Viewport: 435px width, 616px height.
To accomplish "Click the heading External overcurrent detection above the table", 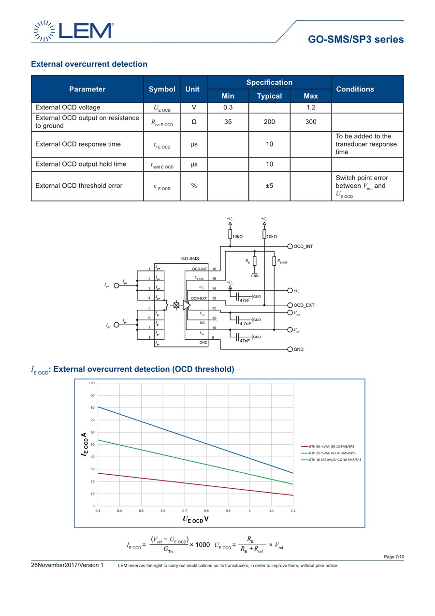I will click(x=89, y=64).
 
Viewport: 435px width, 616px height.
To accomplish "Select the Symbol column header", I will click(x=162, y=89).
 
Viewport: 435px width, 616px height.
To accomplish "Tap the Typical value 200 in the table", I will click(x=269, y=122).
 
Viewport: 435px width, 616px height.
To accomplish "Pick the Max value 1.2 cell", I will click(x=311, y=107).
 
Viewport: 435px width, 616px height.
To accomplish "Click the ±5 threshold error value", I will click(x=269, y=186).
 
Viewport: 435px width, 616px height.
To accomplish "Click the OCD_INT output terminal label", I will click(x=303, y=246).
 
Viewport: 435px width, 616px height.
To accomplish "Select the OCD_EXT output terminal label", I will click(x=304, y=305).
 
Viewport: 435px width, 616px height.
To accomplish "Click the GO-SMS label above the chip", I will click(x=190, y=259).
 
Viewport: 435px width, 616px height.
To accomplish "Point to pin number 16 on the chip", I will click(x=214, y=269).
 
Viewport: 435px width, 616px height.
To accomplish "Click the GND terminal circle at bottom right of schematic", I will click(x=290, y=349).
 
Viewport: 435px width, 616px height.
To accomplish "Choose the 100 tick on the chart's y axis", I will click(x=92, y=383).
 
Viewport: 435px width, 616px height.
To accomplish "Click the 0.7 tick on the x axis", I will click(x=185, y=511).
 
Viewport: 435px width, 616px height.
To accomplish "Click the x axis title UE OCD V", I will click(x=195, y=519).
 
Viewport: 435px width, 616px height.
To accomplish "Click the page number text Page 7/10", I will click(x=393, y=557).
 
